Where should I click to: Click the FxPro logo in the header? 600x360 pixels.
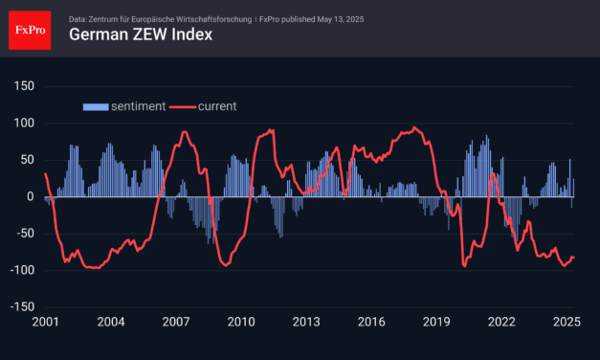coord(30,29)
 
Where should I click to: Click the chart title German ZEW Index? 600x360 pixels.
coord(140,35)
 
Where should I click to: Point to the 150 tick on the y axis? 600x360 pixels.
coord(24,86)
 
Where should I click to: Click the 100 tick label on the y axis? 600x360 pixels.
coord(24,124)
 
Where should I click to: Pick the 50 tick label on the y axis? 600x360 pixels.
coord(27,160)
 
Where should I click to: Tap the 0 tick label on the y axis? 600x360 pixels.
coord(31,197)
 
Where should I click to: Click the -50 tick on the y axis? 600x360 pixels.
coord(24,234)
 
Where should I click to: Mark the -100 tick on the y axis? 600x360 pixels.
coord(21,271)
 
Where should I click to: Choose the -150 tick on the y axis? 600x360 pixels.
coord(21,307)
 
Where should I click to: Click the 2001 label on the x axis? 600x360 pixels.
coord(45,323)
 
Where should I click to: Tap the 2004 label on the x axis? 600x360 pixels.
coord(110,323)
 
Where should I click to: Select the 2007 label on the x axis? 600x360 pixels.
coord(175,323)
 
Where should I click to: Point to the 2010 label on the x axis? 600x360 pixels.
coord(240,323)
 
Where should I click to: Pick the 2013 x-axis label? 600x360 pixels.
coord(305,323)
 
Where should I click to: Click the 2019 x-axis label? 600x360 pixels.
coord(435,323)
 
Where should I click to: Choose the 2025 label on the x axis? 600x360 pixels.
coord(566,323)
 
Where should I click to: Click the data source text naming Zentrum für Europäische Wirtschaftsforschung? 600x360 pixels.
coord(183,17)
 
